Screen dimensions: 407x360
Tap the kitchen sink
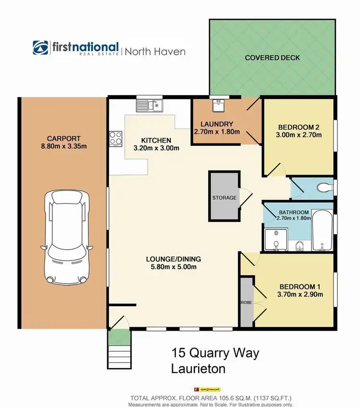tap(150, 105)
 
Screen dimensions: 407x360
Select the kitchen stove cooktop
tap(116, 138)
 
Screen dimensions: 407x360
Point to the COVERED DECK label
tap(272, 58)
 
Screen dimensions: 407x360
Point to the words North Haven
tap(155, 51)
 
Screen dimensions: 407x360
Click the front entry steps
tap(118, 350)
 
